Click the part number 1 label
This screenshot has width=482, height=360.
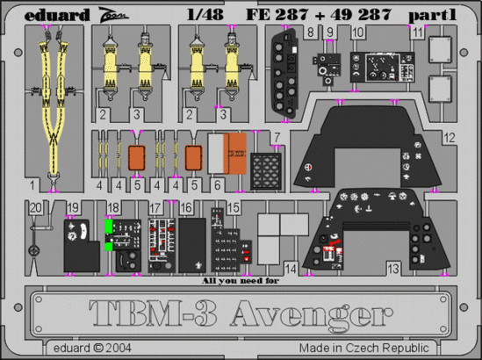click(x=31, y=186)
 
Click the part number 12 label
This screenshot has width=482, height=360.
click(x=450, y=138)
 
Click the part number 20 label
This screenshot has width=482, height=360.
click(x=34, y=207)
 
